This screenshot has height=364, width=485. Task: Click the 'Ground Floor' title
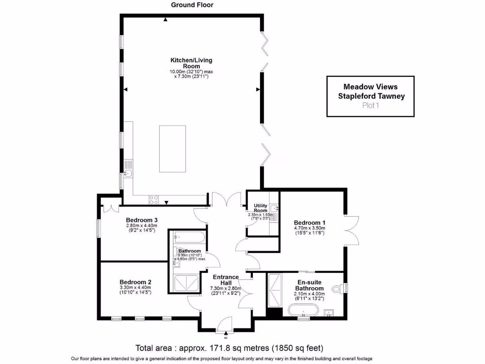coord(192,5)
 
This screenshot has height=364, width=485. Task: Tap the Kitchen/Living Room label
coord(191,63)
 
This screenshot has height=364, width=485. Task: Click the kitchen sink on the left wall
coord(128,173)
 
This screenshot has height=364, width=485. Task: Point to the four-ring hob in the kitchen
coord(154,200)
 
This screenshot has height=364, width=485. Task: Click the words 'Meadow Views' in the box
coord(370,87)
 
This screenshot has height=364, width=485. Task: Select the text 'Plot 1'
coord(370,106)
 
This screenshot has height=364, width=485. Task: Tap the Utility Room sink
coord(274,208)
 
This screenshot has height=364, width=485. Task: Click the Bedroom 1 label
coord(309,223)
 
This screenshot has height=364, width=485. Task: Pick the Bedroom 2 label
coord(135,281)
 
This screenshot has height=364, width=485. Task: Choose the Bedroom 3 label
coord(142,220)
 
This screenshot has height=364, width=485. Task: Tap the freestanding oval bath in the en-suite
coord(303,311)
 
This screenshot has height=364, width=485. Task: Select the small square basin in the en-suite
coord(330,312)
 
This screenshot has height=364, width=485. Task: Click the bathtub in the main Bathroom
coord(189,237)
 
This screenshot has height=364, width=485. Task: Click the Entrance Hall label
coord(225,280)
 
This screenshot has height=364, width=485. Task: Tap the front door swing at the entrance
coord(224,324)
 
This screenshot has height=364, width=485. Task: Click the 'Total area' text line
coord(229,348)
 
